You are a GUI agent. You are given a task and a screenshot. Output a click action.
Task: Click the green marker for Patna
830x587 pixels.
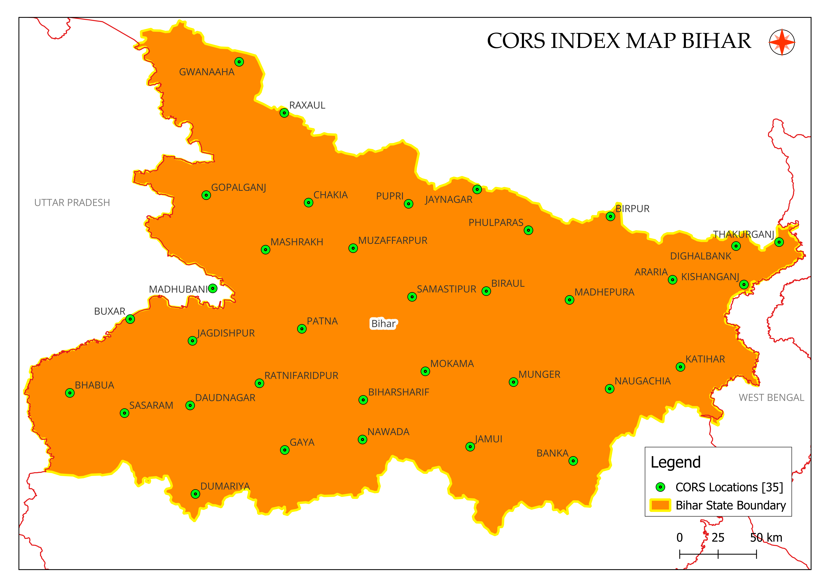coord(302,329)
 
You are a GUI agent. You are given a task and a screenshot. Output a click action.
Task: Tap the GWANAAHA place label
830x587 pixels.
coord(207,72)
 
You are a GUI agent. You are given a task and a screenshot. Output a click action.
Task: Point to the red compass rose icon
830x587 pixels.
coord(782,42)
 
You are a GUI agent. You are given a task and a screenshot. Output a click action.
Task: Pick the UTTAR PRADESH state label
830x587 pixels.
coord(72,202)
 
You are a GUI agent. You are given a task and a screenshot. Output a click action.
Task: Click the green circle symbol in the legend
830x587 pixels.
coord(660,487)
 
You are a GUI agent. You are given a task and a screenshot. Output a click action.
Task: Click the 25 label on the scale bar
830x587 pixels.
coord(718,538)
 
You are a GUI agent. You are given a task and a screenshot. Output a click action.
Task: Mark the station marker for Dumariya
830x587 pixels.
coord(195,494)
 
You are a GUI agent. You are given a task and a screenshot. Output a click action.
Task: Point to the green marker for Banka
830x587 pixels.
coord(573,461)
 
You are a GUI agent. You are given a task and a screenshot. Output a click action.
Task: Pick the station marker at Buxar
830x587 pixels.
coord(130,319)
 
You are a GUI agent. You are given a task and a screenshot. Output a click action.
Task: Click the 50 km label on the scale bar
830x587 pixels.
coord(766,538)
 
